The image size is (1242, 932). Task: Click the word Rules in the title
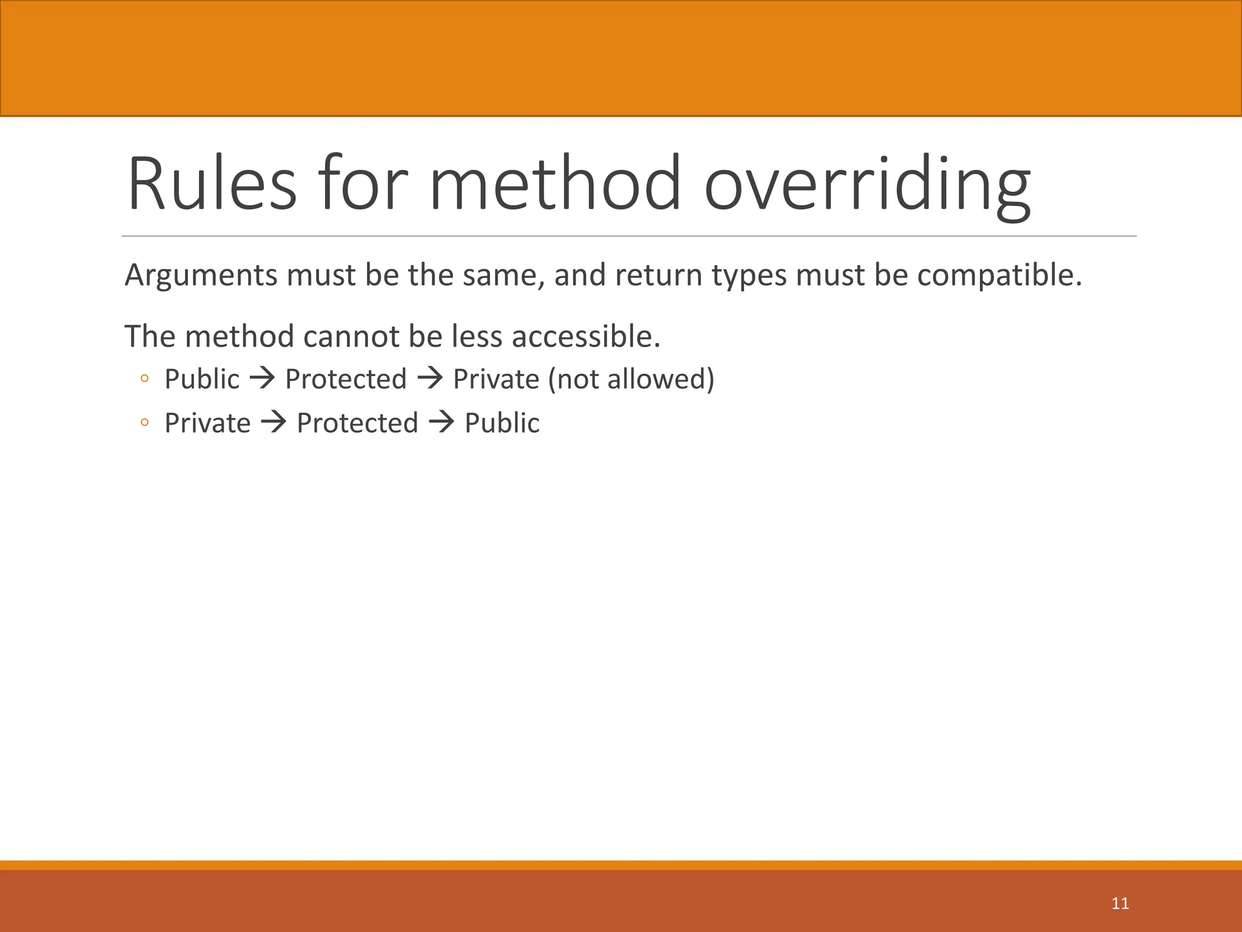click(x=212, y=184)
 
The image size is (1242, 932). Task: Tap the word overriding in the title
click(x=867, y=184)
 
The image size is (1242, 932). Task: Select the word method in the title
click(x=555, y=184)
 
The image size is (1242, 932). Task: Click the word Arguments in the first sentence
click(x=201, y=276)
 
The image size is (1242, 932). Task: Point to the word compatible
click(x=999, y=276)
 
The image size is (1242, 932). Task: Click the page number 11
click(x=1120, y=903)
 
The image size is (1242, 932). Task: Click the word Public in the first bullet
click(x=202, y=380)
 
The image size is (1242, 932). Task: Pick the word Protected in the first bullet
click(x=346, y=380)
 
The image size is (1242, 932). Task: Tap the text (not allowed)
click(x=631, y=380)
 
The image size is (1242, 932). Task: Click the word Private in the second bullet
click(x=207, y=424)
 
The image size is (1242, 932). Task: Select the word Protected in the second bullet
click(x=357, y=424)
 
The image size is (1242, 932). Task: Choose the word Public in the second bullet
click(x=502, y=424)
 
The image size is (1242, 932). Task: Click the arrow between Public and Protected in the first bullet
click(x=263, y=380)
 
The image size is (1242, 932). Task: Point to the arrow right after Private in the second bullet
click(x=274, y=423)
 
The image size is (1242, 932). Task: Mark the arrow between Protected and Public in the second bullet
click(x=441, y=423)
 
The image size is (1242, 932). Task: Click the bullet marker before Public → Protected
click(x=144, y=379)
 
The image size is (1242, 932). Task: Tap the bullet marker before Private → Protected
click(x=144, y=423)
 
